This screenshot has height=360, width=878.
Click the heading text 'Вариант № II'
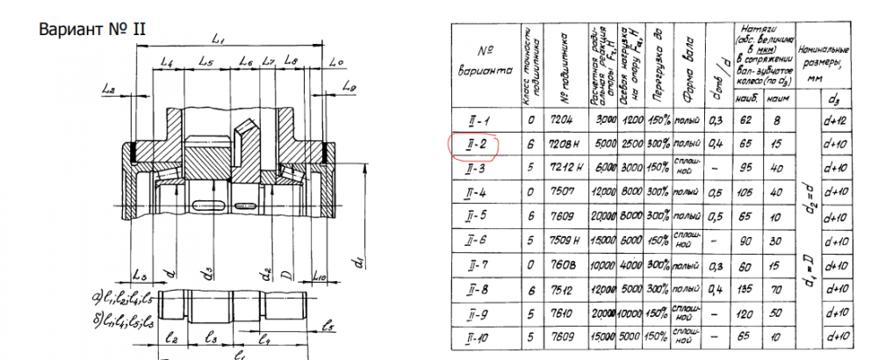click(x=91, y=28)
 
